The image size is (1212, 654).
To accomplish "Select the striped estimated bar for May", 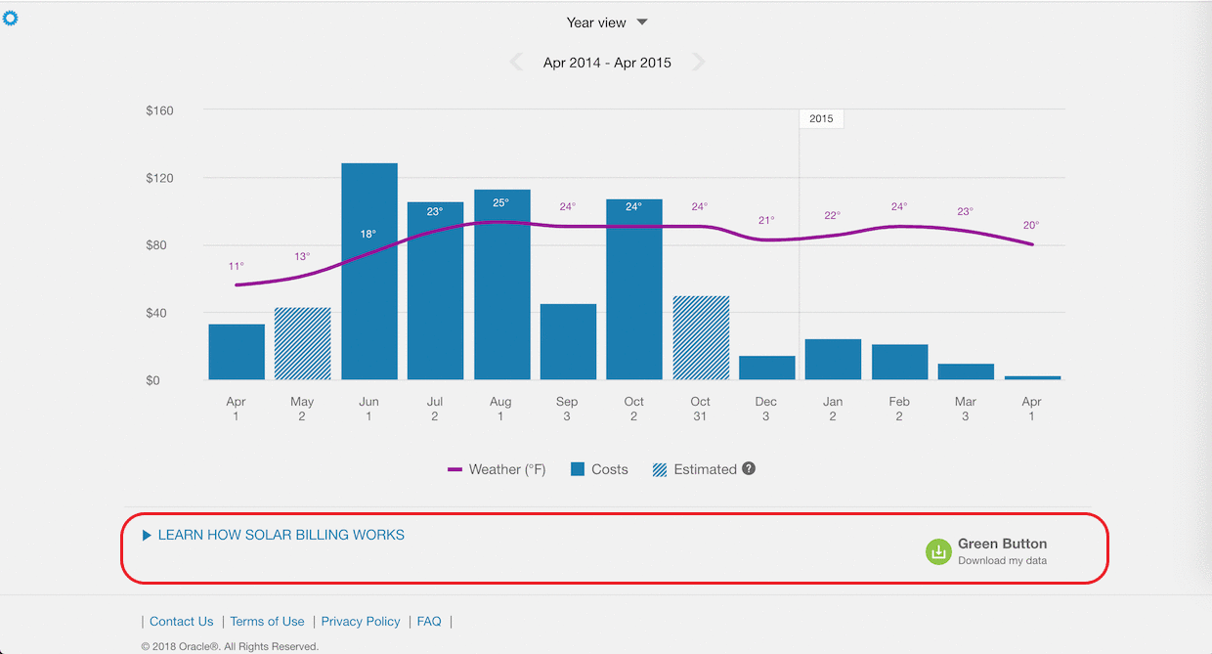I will [303, 343].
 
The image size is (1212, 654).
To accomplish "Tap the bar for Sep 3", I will [568, 341].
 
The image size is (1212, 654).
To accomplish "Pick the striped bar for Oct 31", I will [701, 337].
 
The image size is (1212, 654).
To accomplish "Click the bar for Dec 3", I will [767, 368].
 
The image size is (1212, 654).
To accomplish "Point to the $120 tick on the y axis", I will [159, 178].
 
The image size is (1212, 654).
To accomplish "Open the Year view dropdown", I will [607, 22].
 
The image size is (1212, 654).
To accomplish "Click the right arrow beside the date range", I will [698, 63].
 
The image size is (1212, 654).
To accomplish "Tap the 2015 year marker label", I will [821, 118].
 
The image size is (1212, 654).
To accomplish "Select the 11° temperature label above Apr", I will [237, 266].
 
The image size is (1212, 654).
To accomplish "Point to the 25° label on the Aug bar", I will [501, 203].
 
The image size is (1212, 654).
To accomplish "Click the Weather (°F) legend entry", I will [497, 469].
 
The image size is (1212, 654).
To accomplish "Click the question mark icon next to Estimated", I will [749, 468].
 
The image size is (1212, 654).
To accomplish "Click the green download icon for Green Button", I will [938, 551].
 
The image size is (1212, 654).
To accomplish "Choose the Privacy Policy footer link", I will [361, 621].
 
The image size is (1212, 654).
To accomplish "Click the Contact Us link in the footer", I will [181, 621].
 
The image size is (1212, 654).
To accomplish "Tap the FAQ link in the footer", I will [429, 621].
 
